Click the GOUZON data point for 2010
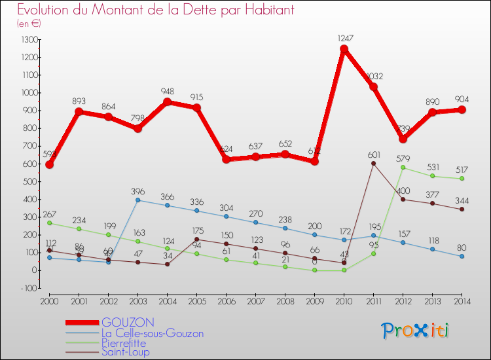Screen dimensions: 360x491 [x=344, y=49]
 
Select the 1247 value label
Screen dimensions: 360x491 [x=344, y=38]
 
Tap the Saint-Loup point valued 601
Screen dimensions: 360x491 [x=373, y=164]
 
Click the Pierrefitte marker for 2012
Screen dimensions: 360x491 [x=403, y=168]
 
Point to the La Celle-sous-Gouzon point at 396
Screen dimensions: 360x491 [x=137, y=200]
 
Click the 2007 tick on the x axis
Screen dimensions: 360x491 [x=255, y=301]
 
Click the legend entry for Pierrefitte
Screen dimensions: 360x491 [x=124, y=343]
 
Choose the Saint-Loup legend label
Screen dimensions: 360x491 [x=125, y=352]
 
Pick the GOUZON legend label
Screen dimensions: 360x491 [x=128, y=323]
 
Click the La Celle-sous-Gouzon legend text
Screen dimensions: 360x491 [x=152, y=333]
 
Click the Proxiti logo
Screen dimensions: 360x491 [x=416, y=331]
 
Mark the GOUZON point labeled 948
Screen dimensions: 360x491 [x=167, y=102]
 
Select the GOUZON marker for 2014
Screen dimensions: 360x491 [x=462, y=110]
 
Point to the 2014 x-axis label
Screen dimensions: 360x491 [x=462, y=301]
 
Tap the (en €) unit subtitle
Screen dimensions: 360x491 [x=29, y=24]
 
